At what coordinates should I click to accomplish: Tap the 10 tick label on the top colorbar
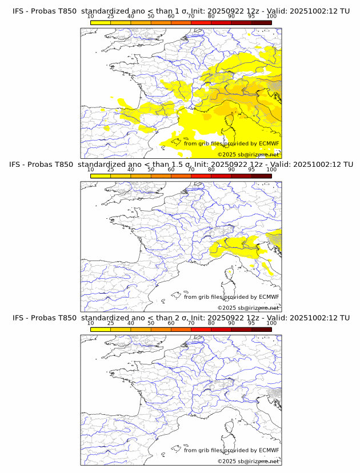(91, 17)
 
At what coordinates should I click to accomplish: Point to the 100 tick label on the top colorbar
(271, 17)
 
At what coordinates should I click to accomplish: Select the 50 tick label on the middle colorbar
(151, 170)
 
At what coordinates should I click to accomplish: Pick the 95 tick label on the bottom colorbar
(251, 323)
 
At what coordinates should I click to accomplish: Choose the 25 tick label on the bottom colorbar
(111, 323)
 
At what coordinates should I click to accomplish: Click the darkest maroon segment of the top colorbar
(261, 22)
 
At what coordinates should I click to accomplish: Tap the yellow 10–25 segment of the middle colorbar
(101, 175)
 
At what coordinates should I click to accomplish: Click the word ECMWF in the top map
(269, 143)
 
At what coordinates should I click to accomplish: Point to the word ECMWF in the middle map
(269, 296)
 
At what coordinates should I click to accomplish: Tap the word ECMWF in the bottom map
(269, 450)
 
